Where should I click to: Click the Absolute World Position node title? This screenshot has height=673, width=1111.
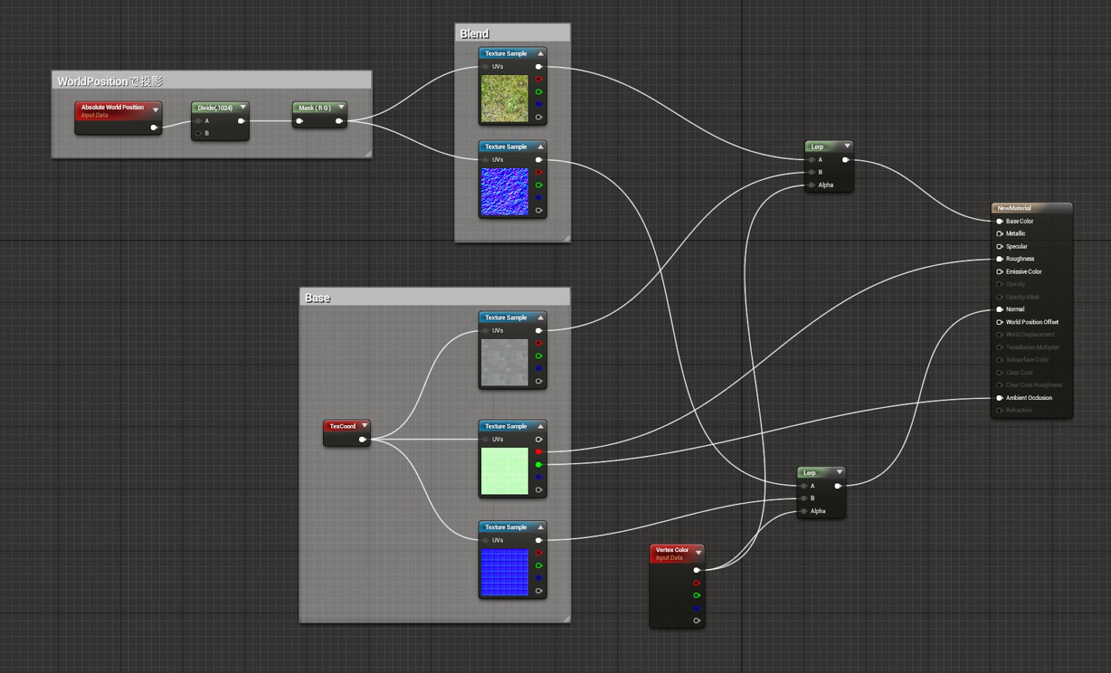click(x=112, y=108)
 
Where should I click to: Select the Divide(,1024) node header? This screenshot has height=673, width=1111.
click(x=215, y=108)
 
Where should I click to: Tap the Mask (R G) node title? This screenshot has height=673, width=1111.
click(x=314, y=108)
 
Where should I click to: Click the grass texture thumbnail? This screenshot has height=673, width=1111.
click(x=504, y=99)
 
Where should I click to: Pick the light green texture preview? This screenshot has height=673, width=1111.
click(x=504, y=471)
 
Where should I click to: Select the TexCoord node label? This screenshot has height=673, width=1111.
click(x=342, y=426)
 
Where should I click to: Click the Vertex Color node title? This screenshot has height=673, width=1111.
click(x=672, y=550)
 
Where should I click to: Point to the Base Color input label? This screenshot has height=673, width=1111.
click(x=1019, y=222)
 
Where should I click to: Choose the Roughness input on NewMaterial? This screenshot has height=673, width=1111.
click(x=1019, y=259)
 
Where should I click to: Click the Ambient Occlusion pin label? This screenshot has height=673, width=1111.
click(x=1028, y=398)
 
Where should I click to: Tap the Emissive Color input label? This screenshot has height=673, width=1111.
click(x=1024, y=272)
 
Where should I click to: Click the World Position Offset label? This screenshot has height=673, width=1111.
click(x=1032, y=322)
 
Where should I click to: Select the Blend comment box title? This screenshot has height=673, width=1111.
click(x=474, y=34)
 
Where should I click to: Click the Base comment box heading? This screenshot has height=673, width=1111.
click(x=317, y=298)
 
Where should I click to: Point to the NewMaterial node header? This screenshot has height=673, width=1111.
click(x=1014, y=208)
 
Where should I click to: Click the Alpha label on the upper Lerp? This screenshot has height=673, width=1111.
click(x=825, y=185)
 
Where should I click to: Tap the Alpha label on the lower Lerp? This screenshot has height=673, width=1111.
click(x=817, y=511)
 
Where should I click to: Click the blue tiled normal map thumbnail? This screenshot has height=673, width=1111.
click(x=504, y=572)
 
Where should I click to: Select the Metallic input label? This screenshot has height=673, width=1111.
click(x=1015, y=234)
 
